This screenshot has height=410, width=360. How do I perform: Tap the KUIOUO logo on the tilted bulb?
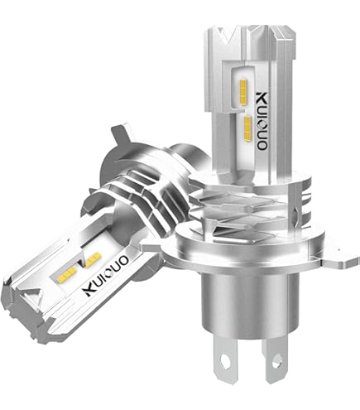(106, 276)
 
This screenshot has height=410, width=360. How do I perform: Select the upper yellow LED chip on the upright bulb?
(243, 93)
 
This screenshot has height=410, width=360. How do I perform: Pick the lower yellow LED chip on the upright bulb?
(248, 128)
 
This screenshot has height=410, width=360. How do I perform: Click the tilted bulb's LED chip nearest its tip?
(68, 273)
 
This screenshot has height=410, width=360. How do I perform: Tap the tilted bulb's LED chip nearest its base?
(94, 259)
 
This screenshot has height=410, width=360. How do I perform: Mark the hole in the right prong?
(276, 359)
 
